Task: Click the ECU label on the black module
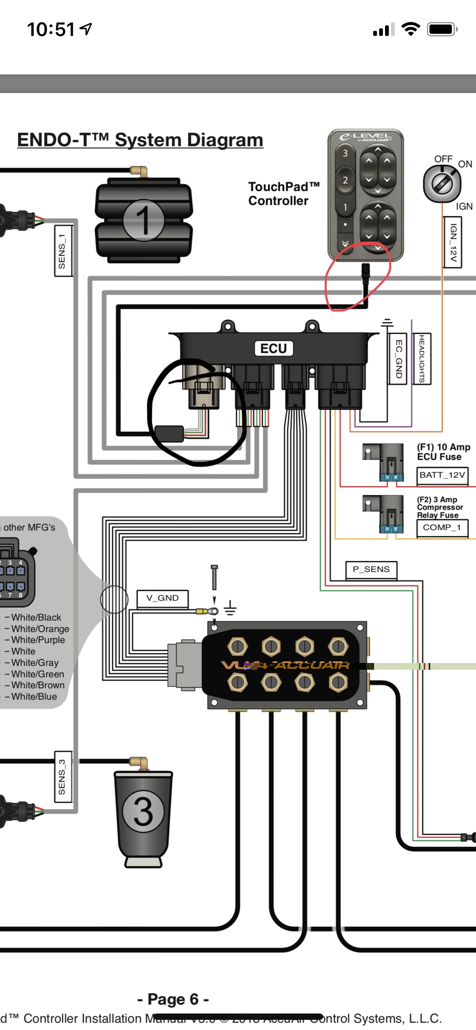[x=274, y=348]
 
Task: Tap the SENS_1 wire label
[x=62, y=251]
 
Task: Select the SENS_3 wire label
[x=62, y=777]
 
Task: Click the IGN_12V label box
[x=453, y=242]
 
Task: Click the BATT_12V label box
[x=442, y=475]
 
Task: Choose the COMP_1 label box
[x=442, y=527]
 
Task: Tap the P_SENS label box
[x=371, y=570]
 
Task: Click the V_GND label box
[x=162, y=598]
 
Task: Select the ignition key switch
[x=442, y=184]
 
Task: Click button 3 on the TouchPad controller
[x=345, y=153]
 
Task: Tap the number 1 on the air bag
[x=144, y=220]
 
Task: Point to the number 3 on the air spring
[x=143, y=811]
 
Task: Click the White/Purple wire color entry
[x=38, y=640]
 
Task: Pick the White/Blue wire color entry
[x=34, y=696]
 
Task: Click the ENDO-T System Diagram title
[x=140, y=140]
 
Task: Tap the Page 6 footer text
[x=173, y=999]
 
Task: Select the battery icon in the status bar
[x=442, y=30]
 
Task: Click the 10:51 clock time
[x=51, y=30]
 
